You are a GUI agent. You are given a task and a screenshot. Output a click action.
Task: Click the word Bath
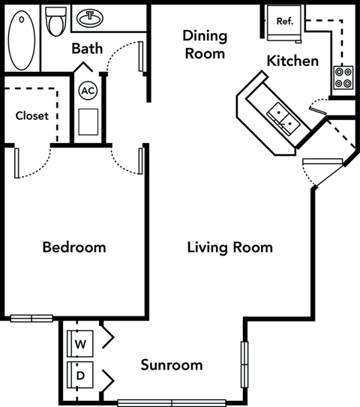tap(87, 49)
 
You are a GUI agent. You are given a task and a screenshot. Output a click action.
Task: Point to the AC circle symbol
tap(88, 91)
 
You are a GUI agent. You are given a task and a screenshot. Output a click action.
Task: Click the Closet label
tap(31, 115)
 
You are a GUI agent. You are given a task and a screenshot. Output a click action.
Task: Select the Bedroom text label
tap(73, 247)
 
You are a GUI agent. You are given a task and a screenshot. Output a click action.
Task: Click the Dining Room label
tap(204, 44)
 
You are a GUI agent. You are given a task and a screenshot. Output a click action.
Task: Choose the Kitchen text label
tap(293, 61)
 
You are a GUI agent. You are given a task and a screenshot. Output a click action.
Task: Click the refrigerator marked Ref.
tap(283, 22)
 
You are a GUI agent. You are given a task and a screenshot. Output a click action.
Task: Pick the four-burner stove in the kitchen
tap(343, 77)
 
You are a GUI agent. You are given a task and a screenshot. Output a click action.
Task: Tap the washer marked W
tap(80, 342)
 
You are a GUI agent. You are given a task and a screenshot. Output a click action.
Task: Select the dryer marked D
tap(80, 373)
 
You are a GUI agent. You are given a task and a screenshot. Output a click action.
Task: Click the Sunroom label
tap(172, 365)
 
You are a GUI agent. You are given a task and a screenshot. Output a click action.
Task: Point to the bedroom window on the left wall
tap(31, 318)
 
